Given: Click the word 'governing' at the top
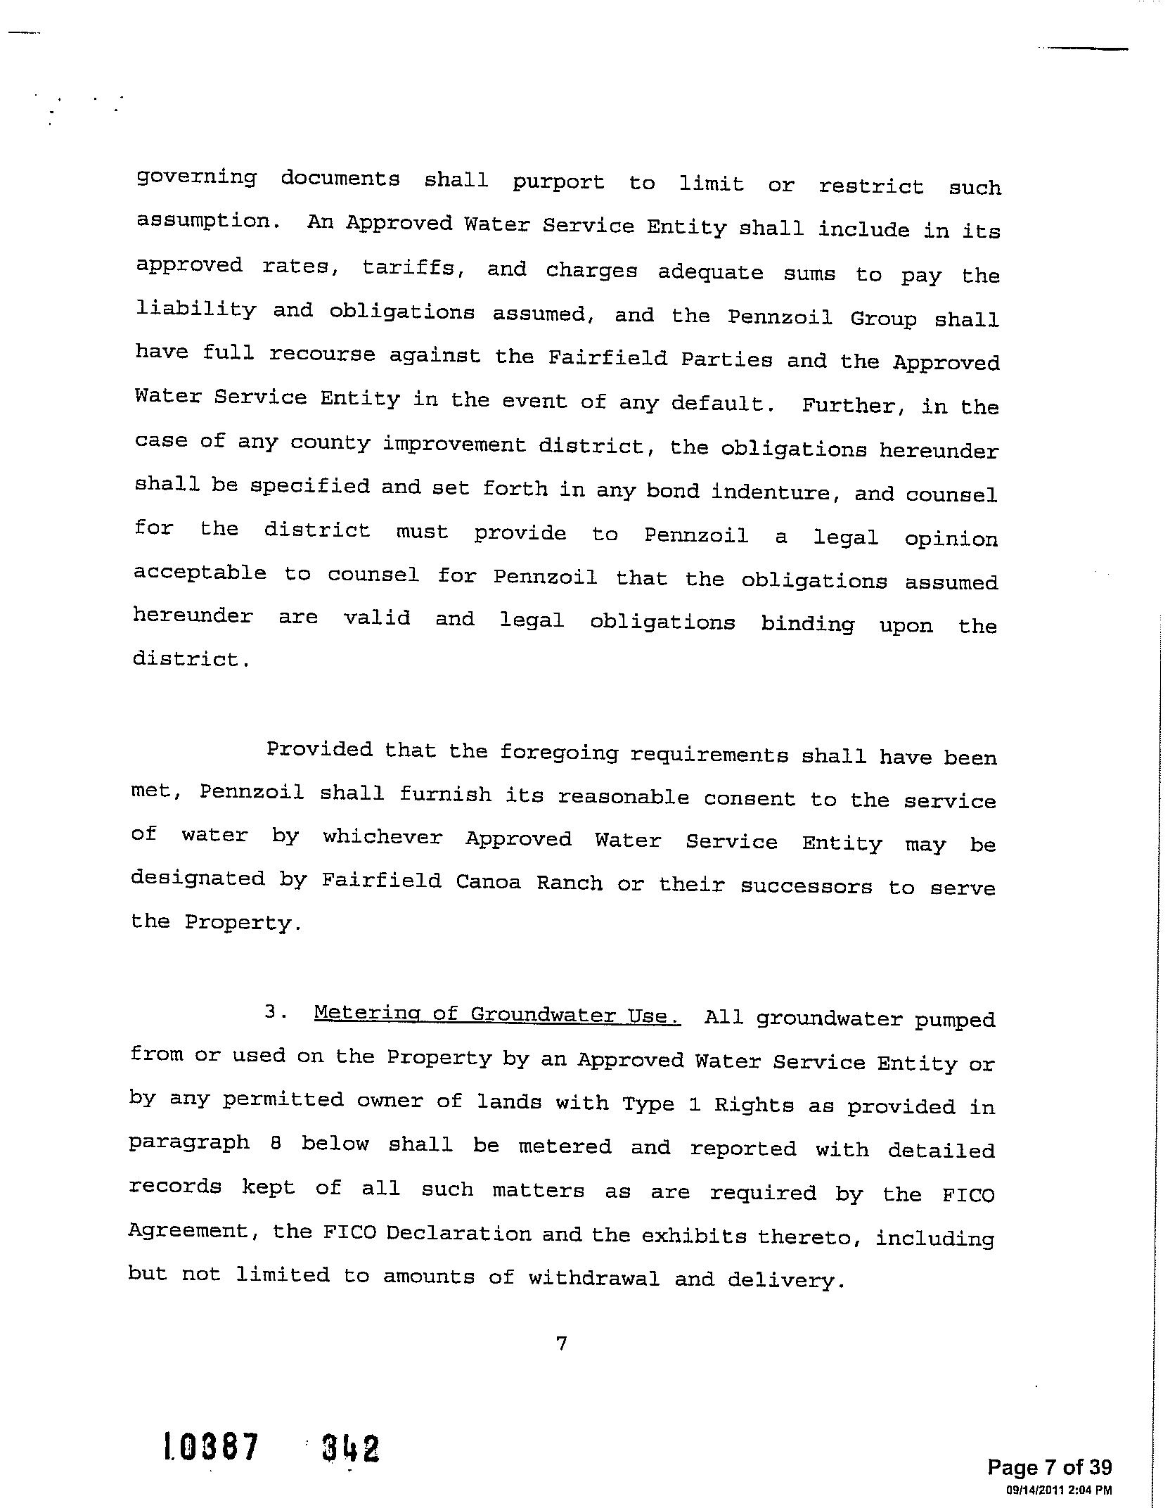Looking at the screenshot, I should click(x=196, y=177).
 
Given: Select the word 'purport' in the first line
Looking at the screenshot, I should click(x=558, y=182).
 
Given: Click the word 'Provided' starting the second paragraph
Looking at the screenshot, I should click(x=319, y=750).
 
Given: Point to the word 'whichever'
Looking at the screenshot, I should click(x=382, y=838).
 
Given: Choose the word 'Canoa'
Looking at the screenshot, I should click(x=488, y=882).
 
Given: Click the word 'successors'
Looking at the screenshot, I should click(x=806, y=886).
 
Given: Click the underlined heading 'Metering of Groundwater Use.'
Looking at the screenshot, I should click(x=497, y=1014).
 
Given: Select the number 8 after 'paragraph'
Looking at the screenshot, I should click(x=276, y=1143).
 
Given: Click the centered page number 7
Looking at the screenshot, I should click(x=561, y=1344).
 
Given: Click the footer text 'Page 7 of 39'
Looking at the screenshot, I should click(x=1049, y=1467).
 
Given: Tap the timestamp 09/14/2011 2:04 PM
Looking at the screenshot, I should click(x=1059, y=1490).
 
